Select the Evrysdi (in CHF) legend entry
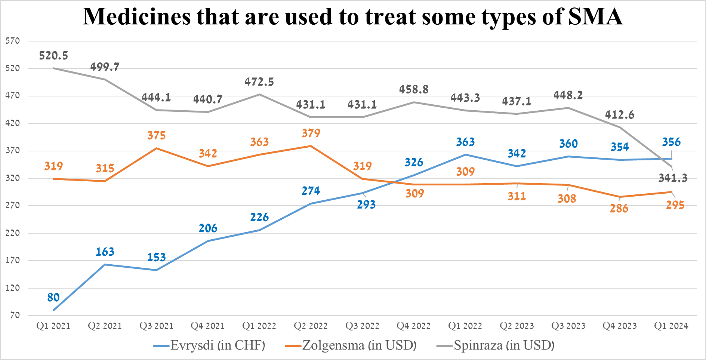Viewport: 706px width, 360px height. tap(209, 345)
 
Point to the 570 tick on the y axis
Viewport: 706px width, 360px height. tap(13, 41)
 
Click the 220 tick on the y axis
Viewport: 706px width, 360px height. tap(13, 233)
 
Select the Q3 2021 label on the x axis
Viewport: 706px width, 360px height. tap(156, 326)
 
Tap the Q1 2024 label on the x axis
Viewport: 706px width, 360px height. tap(671, 326)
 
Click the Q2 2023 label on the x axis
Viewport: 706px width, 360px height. tap(517, 326)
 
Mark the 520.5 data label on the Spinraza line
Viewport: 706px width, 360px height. tap(53, 56)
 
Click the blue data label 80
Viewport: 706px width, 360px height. tap(53, 298)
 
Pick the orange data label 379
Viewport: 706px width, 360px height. tap(311, 133)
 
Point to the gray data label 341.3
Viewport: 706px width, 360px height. tap(673, 178)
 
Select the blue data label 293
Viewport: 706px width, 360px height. tap(366, 204)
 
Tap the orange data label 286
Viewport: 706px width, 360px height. tap(619, 209)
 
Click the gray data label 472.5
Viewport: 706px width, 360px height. tap(259, 82)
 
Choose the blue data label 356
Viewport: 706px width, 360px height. tap(671, 142)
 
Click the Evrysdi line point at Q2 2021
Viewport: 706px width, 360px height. tap(105, 265)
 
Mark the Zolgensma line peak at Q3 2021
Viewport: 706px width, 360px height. tap(156, 148)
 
